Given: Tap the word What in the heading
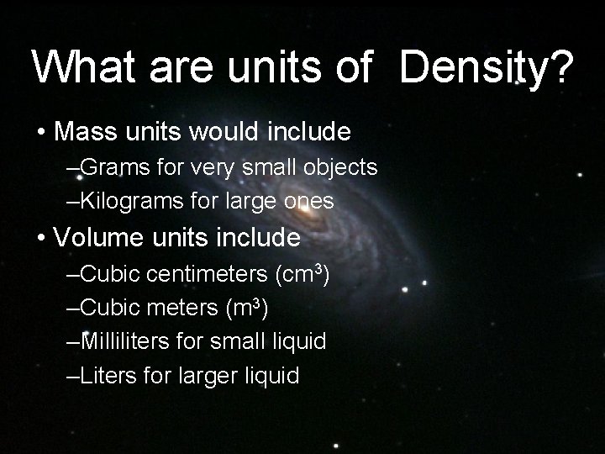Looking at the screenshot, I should coord(81,66).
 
